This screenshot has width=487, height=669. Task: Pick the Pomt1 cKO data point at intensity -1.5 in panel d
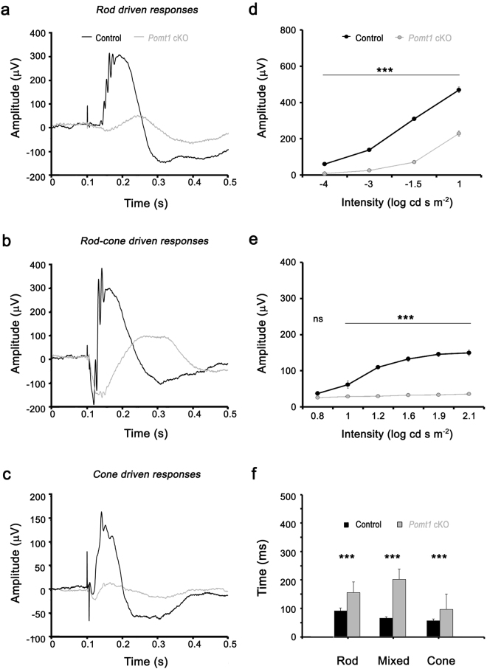tap(414, 162)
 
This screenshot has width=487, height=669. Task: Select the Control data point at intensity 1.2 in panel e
tap(378, 367)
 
